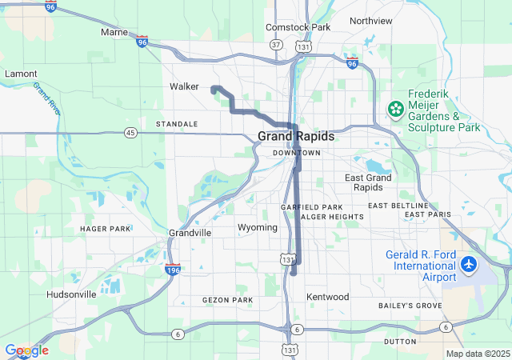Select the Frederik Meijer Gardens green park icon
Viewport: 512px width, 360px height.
[x=394, y=108]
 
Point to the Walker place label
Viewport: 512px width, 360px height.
[x=184, y=86]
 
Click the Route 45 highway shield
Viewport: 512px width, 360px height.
[x=130, y=132]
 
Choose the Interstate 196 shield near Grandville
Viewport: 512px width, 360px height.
[x=172, y=270]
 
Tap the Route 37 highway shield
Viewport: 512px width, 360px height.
[x=276, y=45]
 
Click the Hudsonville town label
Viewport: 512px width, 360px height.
[x=71, y=294]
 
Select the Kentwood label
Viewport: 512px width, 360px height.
[x=328, y=297]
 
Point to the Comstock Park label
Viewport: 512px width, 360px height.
[x=297, y=27]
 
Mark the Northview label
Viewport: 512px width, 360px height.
[x=371, y=21]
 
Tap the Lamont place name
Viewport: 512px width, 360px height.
[x=21, y=74]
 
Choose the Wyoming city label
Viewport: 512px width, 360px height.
[x=258, y=228]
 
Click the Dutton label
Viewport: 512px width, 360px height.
[x=400, y=342]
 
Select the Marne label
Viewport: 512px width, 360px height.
[x=114, y=32]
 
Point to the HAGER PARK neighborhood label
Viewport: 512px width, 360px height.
[x=105, y=229]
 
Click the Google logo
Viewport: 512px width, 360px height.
[x=26, y=350]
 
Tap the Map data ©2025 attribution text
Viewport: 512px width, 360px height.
[x=477, y=354]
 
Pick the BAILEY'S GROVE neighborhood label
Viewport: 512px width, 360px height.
[x=410, y=306]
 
